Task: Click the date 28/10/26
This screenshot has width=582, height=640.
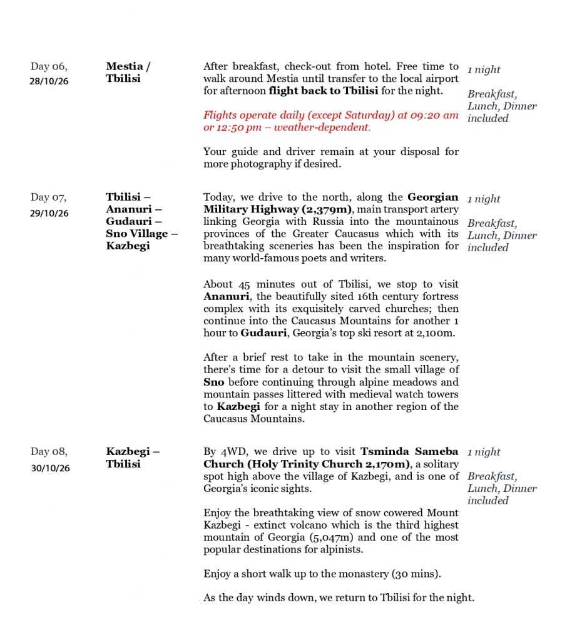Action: pos(49,81)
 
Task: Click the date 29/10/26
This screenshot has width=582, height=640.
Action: pos(49,213)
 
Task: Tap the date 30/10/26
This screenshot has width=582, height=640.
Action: pos(50,468)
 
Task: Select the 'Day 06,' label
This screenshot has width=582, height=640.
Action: pos(49,66)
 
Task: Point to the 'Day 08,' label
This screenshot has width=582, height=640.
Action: pos(49,451)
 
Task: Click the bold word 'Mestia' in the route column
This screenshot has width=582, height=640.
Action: pos(125,66)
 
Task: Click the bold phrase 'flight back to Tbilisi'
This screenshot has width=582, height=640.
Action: pos(323,91)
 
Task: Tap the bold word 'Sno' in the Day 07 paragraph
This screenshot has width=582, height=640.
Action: pos(213,382)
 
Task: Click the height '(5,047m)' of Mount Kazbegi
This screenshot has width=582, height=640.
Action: pos(346,537)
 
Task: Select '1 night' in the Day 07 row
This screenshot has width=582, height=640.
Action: pos(484,199)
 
